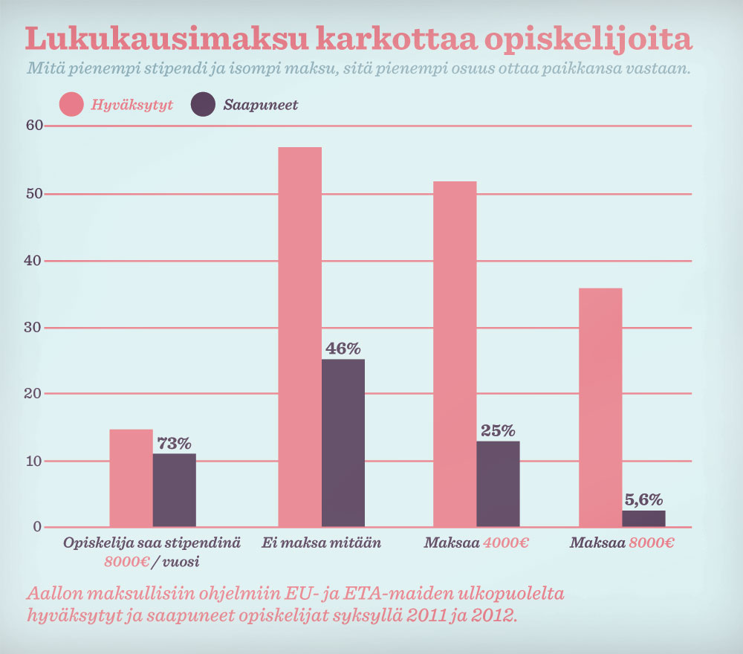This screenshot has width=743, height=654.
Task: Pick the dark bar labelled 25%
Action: tap(498, 484)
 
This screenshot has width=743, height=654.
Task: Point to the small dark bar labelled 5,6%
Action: tap(643, 519)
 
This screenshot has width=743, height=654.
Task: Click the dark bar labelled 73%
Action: tap(175, 490)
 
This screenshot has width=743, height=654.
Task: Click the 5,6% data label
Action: tap(643, 499)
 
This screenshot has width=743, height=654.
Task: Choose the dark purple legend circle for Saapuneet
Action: tap(203, 105)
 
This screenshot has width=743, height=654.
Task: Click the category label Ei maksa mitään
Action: tap(321, 543)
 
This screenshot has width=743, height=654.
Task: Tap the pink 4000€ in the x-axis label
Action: tap(506, 543)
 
